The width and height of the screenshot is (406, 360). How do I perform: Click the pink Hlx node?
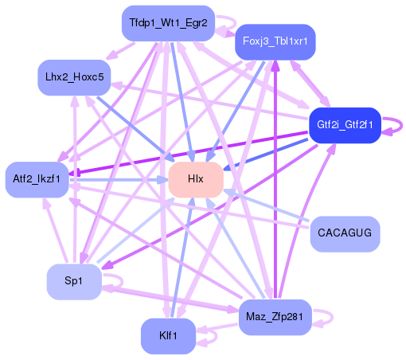coord(195,180)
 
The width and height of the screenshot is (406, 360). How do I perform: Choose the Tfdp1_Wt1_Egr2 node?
coord(168,23)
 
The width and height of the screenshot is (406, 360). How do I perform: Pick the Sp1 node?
coord(73,282)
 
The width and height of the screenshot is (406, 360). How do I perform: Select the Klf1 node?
coord(168,335)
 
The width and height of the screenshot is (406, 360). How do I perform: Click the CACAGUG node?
coord(344,233)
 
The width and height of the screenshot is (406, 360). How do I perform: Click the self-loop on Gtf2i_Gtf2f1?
coord(393,126)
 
